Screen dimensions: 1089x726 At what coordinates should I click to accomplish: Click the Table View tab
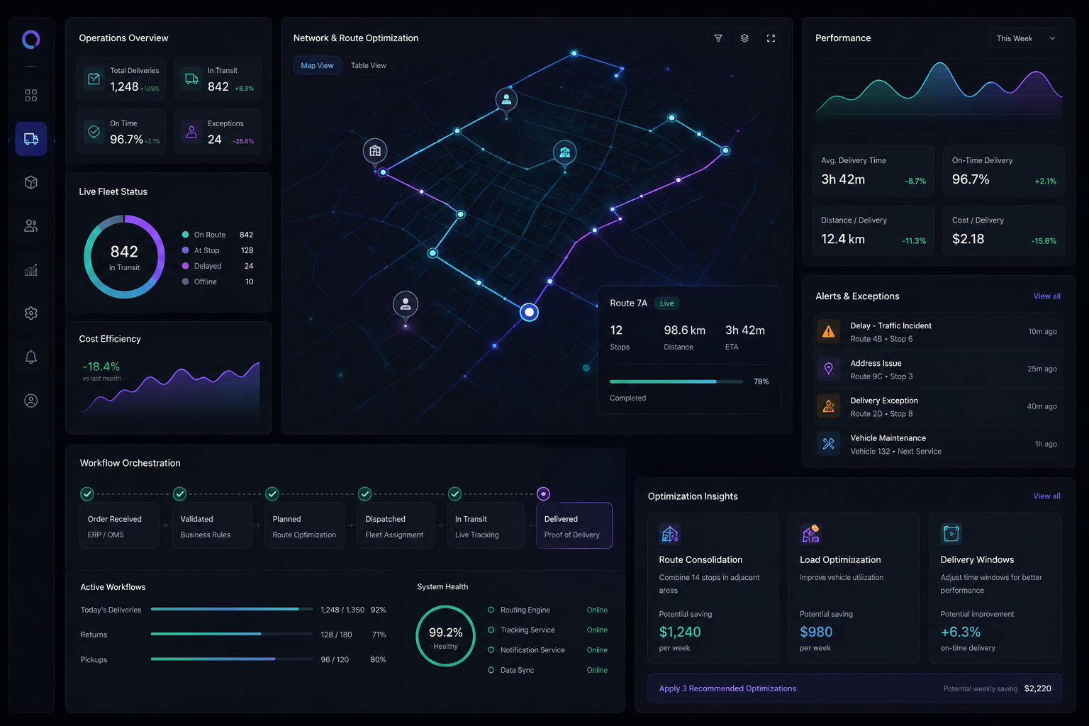click(x=369, y=66)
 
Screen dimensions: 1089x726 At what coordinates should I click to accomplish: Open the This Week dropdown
click(x=1024, y=38)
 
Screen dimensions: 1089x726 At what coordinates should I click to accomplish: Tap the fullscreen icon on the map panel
click(x=771, y=38)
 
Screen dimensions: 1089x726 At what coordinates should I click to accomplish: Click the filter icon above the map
click(x=718, y=38)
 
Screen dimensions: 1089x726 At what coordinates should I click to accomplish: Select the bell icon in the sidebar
click(x=30, y=357)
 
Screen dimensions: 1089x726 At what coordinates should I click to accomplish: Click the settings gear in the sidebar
click(x=30, y=313)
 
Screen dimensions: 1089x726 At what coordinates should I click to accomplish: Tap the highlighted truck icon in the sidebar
click(x=30, y=139)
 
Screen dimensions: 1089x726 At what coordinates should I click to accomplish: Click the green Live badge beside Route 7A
click(x=666, y=303)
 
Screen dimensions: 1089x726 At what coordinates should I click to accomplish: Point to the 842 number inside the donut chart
click(x=124, y=252)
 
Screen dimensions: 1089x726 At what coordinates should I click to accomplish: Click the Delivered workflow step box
click(x=574, y=525)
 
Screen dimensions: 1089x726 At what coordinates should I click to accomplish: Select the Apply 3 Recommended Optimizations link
click(x=727, y=688)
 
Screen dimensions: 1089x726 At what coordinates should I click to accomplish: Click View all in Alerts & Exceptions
click(x=1046, y=296)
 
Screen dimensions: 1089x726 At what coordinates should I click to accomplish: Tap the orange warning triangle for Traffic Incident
click(x=828, y=332)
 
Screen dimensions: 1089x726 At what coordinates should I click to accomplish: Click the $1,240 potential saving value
click(x=680, y=632)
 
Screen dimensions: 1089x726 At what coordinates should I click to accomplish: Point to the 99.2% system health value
click(x=445, y=632)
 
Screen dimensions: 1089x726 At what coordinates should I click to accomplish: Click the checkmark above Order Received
click(x=87, y=494)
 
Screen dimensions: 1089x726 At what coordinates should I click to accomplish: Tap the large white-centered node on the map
click(x=529, y=312)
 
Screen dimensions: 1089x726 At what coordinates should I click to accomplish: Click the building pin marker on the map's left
click(x=375, y=152)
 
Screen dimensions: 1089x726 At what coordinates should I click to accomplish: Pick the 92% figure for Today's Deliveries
click(x=378, y=610)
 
